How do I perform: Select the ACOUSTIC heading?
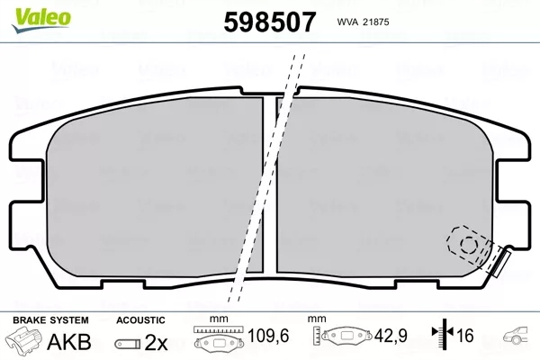141,319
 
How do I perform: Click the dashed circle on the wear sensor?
466,242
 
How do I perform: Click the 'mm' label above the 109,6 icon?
215,319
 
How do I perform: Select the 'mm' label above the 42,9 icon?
316,319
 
